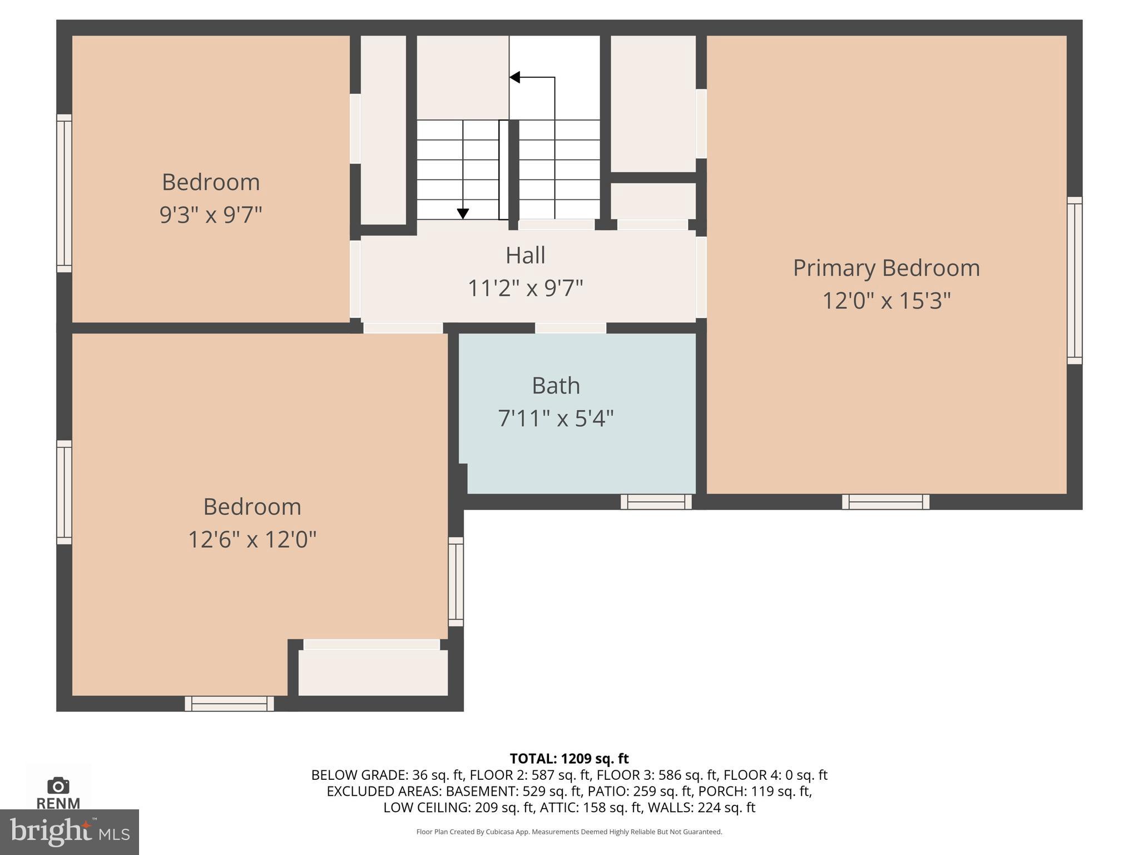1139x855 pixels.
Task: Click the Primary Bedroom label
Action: coord(886,268)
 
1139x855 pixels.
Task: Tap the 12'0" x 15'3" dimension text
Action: coord(886,301)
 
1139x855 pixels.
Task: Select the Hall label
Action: coord(525,255)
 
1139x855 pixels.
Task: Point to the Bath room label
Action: coord(556,386)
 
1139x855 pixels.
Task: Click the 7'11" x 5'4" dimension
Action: coord(556,418)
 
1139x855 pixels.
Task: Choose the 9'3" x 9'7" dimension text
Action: coord(210,214)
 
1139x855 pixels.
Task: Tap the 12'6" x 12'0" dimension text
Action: coord(252,539)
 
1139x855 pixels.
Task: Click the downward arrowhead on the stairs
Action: coord(463,214)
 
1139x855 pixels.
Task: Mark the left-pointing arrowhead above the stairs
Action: coord(515,77)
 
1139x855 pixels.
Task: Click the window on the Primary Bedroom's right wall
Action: coord(1074,281)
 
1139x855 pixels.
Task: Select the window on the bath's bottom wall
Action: coord(656,502)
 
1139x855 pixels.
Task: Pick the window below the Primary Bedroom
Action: coord(885,502)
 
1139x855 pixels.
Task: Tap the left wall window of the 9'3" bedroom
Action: coord(65,193)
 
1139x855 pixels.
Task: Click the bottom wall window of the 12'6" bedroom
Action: coord(229,704)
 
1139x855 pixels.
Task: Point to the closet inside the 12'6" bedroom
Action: coord(373,672)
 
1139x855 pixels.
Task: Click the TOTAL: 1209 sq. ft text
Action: coord(569,759)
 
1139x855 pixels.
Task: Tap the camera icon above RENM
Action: coord(58,786)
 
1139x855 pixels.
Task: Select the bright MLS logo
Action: coord(69,832)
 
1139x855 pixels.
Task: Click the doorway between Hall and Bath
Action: coord(571,328)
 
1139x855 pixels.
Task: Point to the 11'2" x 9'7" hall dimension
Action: coord(525,288)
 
